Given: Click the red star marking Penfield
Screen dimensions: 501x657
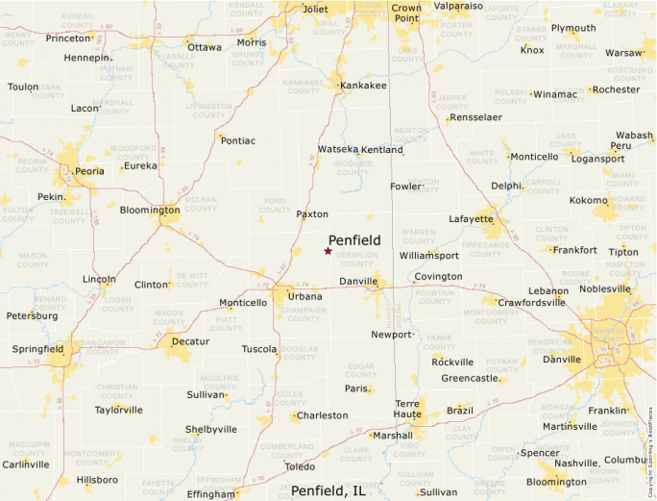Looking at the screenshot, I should pos(328,251).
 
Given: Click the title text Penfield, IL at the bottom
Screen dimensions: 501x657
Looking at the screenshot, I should pos(329,490).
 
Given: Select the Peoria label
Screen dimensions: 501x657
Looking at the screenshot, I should pos(89,171).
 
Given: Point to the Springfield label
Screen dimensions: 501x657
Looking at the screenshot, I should pos(37,348).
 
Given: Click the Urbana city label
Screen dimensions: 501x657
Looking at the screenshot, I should pos(304,296).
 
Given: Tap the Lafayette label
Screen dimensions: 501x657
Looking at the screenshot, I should pos(472,219).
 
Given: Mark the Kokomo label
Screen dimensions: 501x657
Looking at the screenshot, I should pos(589,200).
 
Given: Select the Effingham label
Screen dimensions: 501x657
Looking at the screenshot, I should pos(210,494).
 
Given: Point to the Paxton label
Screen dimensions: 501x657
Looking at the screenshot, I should pos(312,214).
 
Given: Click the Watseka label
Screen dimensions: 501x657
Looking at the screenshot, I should pos(338,150).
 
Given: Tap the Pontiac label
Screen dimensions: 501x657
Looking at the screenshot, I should pos(238,140).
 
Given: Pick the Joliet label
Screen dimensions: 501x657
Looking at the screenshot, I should pos(315,10).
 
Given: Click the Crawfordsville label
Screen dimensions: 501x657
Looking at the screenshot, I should pos(531,302).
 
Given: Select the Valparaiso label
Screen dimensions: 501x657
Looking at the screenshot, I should pos(458,6).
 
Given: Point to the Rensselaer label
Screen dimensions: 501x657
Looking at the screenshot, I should pos(476,117).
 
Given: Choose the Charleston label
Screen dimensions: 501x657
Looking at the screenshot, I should pos(323,415).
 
